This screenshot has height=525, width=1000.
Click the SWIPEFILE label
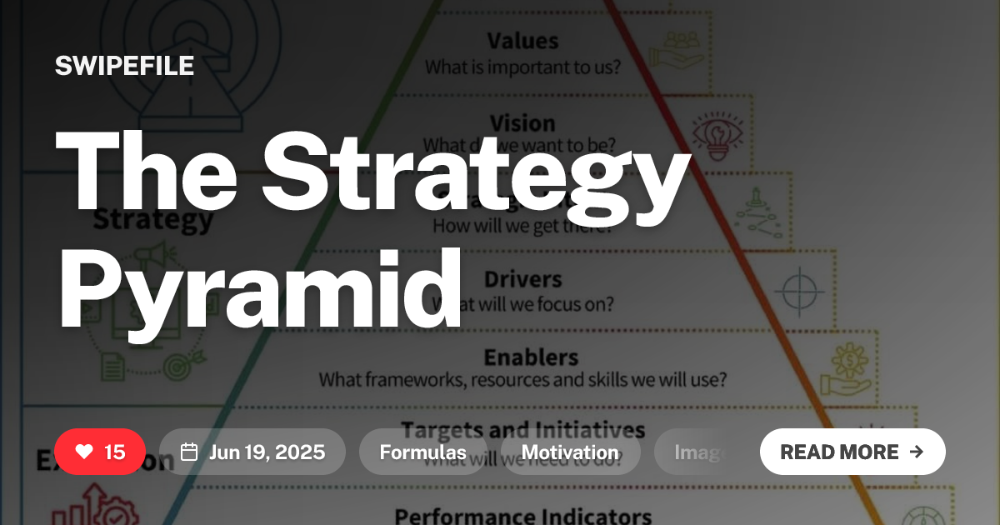pyautogui.click(x=124, y=66)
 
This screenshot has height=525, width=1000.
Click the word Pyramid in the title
pyautogui.click(x=259, y=286)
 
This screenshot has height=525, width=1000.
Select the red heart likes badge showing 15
pyautogui.click(x=100, y=452)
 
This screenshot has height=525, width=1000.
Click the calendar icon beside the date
pyautogui.click(x=189, y=452)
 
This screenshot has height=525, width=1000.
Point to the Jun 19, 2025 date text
pyautogui.click(x=267, y=452)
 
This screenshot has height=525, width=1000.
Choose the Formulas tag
pyautogui.click(x=422, y=452)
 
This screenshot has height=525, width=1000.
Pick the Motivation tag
pyautogui.click(x=570, y=452)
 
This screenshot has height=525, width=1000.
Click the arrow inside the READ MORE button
pyautogui.click(x=917, y=452)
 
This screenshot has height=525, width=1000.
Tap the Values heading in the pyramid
pyautogui.click(x=522, y=41)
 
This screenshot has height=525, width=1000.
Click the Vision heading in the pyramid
pyautogui.click(x=522, y=122)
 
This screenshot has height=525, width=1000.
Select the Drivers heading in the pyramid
pyautogui.click(x=522, y=278)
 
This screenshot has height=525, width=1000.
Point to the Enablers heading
pyautogui.click(x=531, y=357)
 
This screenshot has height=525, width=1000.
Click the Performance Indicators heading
pyautogui.click(x=522, y=516)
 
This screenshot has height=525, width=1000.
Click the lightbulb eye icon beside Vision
pyautogui.click(x=715, y=136)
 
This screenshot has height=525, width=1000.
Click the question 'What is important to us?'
pyautogui.click(x=522, y=67)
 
